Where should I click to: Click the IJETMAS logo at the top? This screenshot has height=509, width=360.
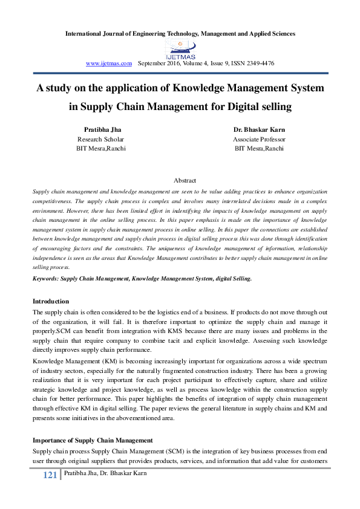click(180, 48)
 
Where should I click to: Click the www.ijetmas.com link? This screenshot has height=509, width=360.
click(109, 63)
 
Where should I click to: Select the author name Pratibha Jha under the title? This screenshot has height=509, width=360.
click(102, 129)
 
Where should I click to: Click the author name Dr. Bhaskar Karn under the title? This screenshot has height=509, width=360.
click(259, 129)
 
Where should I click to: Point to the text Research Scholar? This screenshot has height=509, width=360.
click(101, 139)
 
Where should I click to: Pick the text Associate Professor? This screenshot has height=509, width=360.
click(259, 139)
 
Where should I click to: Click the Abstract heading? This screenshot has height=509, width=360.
click(185, 180)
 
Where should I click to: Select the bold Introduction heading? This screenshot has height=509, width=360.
click(50, 301)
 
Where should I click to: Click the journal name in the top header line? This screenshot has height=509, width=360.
click(180, 33)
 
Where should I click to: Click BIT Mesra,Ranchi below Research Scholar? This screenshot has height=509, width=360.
click(101, 149)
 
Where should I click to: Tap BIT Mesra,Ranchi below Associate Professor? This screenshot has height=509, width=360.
click(259, 149)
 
